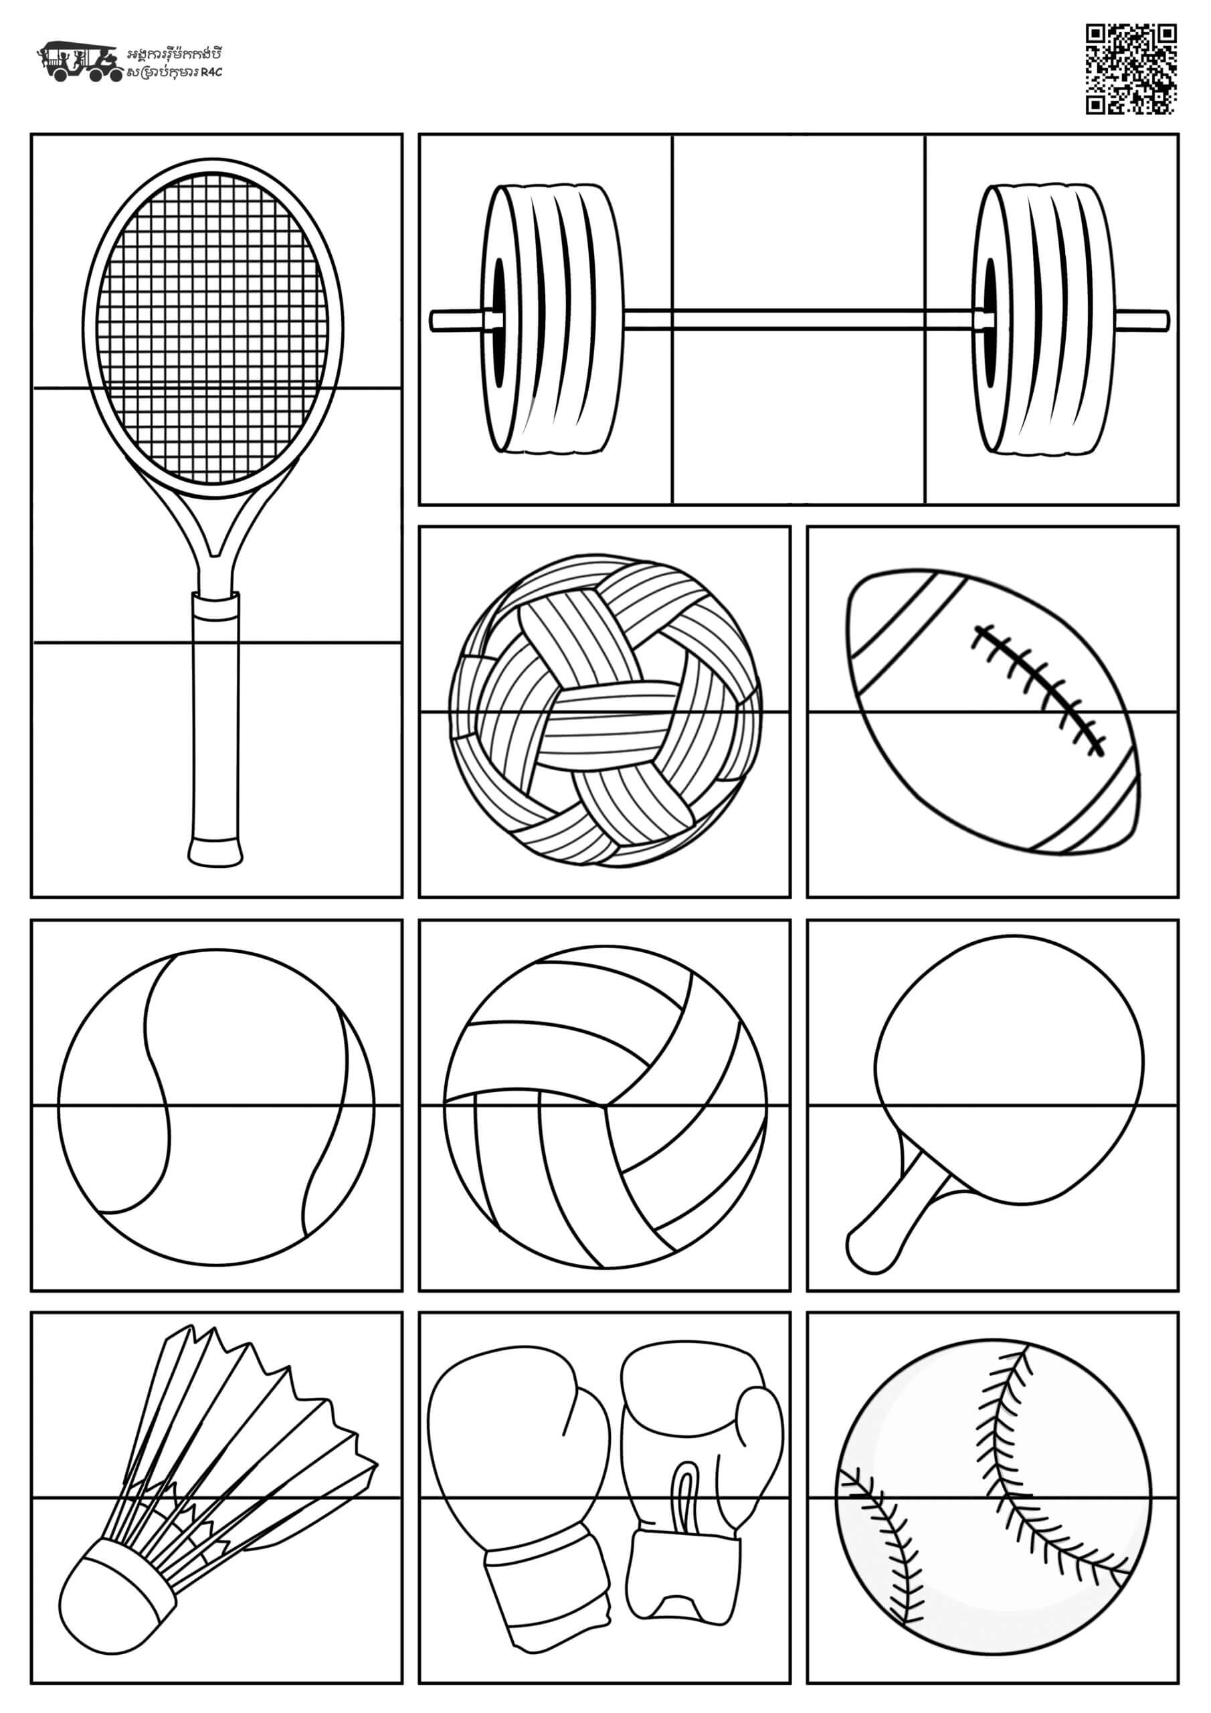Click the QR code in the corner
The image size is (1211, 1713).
1131,70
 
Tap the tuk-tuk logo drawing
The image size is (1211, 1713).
80,60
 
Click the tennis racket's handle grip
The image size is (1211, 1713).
215,727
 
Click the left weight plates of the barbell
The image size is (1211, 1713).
552,319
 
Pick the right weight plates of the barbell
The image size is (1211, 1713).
1042,319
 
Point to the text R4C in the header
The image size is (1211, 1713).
213,72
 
